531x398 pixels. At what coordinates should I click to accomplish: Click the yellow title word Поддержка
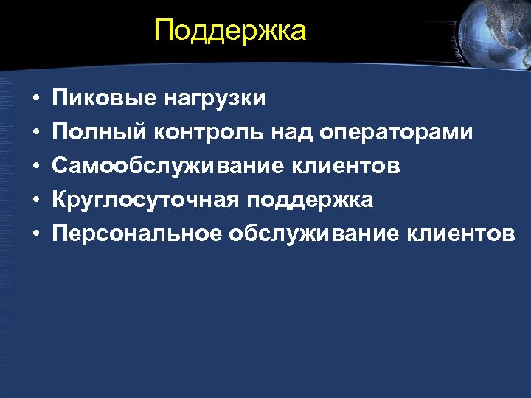tap(230, 31)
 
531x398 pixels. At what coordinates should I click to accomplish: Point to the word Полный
tap(99, 133)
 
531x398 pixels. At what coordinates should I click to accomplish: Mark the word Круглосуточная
tap(144, 200)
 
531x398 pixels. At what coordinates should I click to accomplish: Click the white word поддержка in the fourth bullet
tap(310, 200)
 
